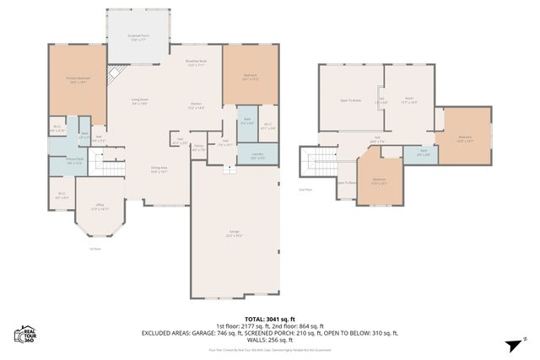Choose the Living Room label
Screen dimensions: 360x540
click(x=140, y=102)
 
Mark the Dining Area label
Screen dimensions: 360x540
click(x=159, y=169)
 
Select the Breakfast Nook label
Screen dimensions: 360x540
click(x=196, y=63)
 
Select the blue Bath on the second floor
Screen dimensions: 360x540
click(x=423, y=153)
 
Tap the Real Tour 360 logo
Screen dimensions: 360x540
click(x=24, y=336)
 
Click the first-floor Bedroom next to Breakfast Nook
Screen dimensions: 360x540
click(x=250, y=77)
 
